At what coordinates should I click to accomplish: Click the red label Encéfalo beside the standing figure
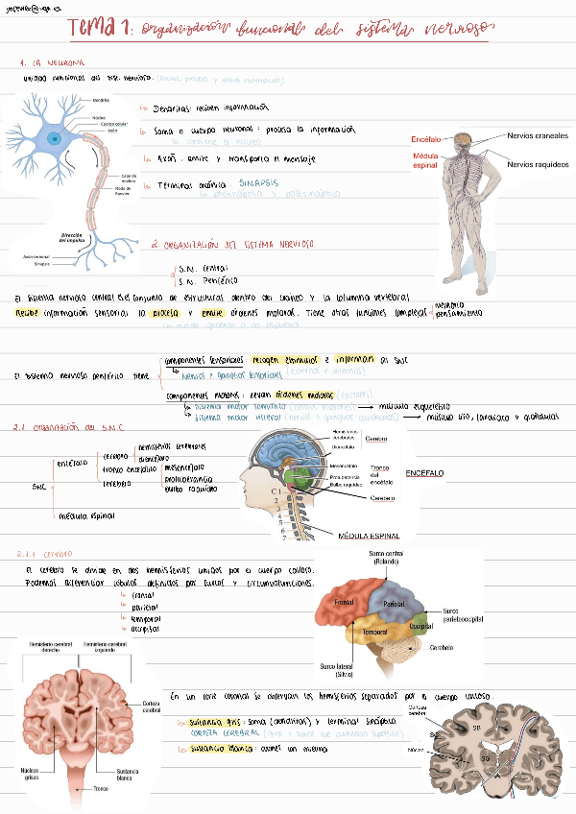[425, 140]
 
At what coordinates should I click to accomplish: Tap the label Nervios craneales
[538, 136]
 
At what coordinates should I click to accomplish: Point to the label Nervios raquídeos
[538, 164]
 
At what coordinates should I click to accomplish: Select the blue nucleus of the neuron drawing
[56, 138]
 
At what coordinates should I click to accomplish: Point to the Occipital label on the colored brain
[421, 625]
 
